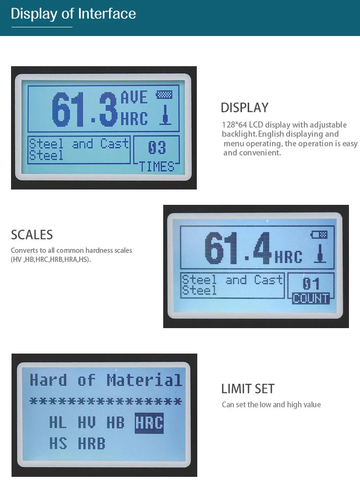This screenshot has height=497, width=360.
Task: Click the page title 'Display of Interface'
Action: pyautogui.click(x=73, y=14)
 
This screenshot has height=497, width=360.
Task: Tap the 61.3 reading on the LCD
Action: pyautogui.click(x=84, y=109)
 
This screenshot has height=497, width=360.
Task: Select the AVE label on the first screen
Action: pyautogui.click(x=134, y=97)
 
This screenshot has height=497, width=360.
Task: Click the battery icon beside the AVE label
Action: pyautogui.click(x=164, y=95)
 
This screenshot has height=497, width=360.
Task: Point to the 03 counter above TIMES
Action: pyautogui.click(x=156, y=147)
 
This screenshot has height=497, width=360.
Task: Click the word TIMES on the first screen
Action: pyautogui.click(x=156, y=167)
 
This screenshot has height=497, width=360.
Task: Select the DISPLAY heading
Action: pyautogui.click(x=244, y=108)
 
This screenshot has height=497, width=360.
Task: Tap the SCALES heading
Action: pyautogui.click(x=32, y=235)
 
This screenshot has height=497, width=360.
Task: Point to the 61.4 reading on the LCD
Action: pyautogui.click(x=238, y=248)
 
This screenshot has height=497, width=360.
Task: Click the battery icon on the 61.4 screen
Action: pyautogui.click(x=319, y=235)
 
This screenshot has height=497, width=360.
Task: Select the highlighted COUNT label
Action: pyautogui.click(x=311, y=298)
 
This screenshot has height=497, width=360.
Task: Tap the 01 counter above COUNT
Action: pyautogui.click(x=311, y=284)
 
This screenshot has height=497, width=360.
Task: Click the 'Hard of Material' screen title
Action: pyautogui.click(x=106, y=380)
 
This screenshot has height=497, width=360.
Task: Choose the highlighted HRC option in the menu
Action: pyautogui.click(x=149, y=423)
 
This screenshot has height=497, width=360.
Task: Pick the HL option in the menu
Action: pyautogui.click(x=58, y=423)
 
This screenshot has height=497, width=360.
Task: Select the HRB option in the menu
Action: pyautogui.click(x=91, y=443)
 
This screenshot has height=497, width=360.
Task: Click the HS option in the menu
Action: pyautogui.click(x=58, y=443)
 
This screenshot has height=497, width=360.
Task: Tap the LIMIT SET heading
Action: pyautogui.click(x=248, y=389)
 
